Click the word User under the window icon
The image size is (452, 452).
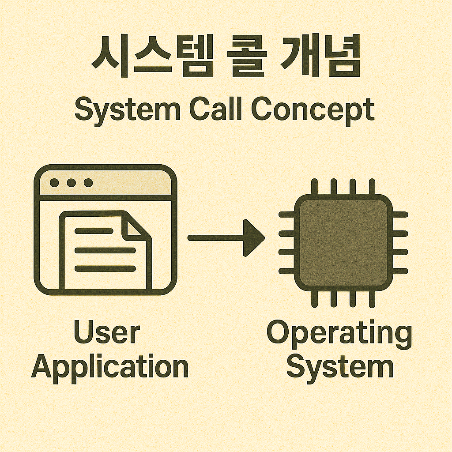click(x=107, y=333)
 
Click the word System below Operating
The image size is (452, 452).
click(x=340, y=366)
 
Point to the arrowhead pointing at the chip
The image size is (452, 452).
click(x=255, y=238)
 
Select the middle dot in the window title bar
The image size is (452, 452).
click(x=71, y=182)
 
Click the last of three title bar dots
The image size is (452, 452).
click(x=88, y=182)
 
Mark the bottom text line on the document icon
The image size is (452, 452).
click(x=105, y=268)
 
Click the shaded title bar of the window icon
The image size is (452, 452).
click(x=128, y=182)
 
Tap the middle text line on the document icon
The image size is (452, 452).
click(x=105, y=250)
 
